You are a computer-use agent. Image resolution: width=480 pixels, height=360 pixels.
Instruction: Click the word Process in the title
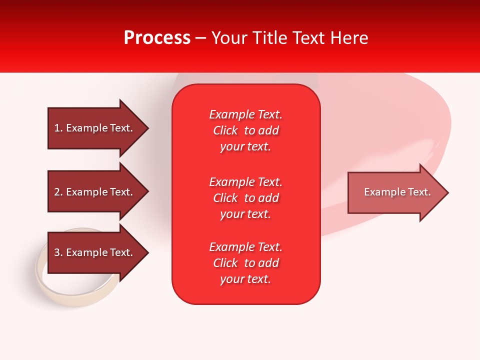[157, 38]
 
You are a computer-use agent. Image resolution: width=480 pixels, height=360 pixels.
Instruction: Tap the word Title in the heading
[270, 38]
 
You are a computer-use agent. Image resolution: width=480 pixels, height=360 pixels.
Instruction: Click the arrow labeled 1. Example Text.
[98, 128]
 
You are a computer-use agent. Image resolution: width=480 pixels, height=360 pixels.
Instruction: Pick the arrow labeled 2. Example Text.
[98, 191]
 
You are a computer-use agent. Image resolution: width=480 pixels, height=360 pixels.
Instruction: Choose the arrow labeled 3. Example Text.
[98, 252]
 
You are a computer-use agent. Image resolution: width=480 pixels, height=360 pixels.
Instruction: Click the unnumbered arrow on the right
[398, 192]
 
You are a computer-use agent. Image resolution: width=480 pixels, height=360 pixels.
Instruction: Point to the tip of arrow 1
[149, 128]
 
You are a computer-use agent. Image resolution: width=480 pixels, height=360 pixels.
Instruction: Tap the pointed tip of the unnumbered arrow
[449, 192]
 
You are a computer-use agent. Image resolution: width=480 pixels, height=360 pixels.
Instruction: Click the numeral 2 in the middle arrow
[57, 192]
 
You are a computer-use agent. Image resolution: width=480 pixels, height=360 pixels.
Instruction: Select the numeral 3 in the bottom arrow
[57, 252]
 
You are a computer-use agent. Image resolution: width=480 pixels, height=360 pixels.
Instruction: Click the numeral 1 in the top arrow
[57, 128]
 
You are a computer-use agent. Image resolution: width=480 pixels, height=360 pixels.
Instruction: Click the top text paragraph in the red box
[246, 130]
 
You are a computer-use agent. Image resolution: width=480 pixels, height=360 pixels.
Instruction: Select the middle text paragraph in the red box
[246, 198]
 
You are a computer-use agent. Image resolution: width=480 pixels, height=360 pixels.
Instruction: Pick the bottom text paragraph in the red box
[246, 263]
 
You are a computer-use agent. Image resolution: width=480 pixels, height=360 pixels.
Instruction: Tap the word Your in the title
[229, 38]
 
